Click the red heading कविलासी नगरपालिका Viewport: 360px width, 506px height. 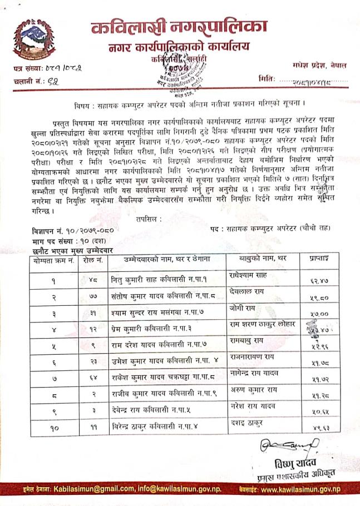tap(179, 26)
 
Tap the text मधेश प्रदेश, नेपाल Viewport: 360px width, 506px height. tap(318, 65)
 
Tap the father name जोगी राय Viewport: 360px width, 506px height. tap(244, 307)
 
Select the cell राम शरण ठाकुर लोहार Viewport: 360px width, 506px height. tap(263, 324)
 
